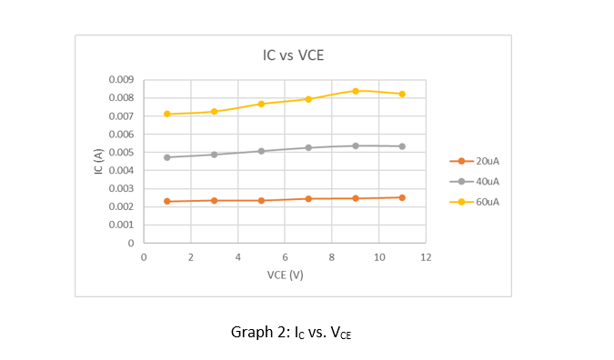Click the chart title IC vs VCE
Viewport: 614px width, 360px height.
click(293, 55)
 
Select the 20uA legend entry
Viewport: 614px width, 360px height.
click(488, 161)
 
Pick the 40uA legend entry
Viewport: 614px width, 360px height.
click(488, 181)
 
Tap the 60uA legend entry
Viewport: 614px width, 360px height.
click(488, 201)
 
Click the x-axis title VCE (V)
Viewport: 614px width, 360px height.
click(285, 275)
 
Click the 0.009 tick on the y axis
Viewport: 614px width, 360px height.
click(122, 80)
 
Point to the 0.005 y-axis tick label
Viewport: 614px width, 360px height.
click(122, 153)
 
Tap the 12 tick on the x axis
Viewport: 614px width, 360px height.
click(426, 258)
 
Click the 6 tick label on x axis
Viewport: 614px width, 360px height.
click(285, 258)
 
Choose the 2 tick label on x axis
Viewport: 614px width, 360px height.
click(190, 258)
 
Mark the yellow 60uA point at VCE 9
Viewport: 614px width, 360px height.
click(356, 91)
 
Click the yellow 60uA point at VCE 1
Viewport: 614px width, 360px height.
click(167, 114)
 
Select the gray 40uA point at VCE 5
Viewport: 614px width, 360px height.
click(261, 151)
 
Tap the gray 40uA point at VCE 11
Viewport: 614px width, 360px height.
click(402, 146)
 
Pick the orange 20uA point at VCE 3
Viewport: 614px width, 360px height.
click(215, 200)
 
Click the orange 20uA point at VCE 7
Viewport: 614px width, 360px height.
click(308, 198)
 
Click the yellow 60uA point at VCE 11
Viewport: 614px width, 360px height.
click(402, 94)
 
